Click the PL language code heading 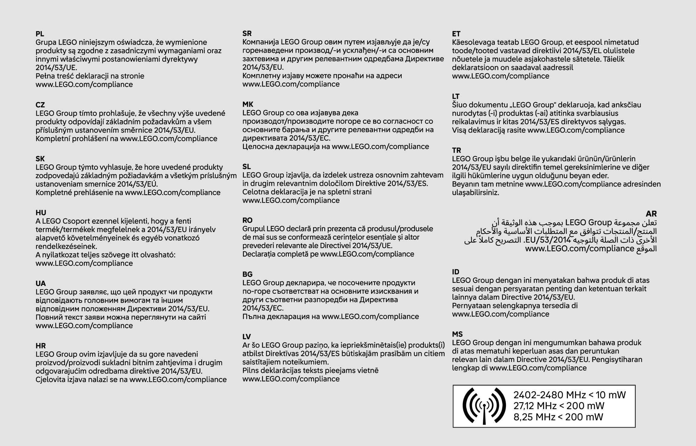[40, 34]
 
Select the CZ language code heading [40, 105]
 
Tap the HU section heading [41, 213]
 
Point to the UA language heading [40, 283]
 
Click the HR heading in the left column [40, 346]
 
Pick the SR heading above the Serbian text [247, 34]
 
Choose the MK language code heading [248, 104]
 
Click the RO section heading [247, 220]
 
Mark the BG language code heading [247, 274]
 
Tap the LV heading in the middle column [247, 337]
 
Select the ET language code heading [456, 34]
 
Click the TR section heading [456, 150]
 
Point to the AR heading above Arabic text [651, 214]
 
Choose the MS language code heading [457, 334]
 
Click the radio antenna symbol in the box [484, 406]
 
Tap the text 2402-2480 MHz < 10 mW [569, 395]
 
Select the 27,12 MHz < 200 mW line [558, 406]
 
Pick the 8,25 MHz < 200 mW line [558, 417]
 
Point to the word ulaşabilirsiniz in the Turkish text [475, 192]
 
